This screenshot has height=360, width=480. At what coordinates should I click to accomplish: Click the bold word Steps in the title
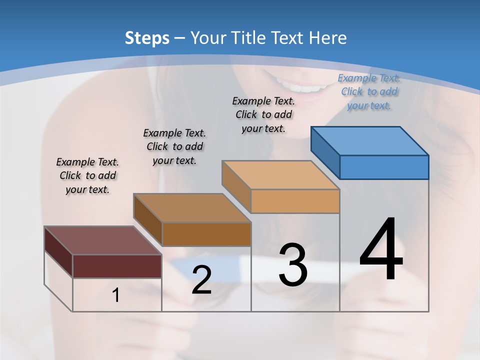click(147, 38)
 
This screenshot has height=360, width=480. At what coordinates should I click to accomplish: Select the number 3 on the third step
click(293, 265)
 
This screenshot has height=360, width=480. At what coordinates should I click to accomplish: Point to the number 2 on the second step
click(201, 280)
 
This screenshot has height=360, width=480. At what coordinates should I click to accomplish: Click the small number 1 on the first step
click(116, 295)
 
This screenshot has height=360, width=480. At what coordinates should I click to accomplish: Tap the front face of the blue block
click(384, 167)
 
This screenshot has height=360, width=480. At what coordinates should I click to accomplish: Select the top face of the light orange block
click(280, 175)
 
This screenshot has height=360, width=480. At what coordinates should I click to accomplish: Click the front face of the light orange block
click(295, 201)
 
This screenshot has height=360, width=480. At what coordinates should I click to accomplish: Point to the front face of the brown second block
click(206, 234)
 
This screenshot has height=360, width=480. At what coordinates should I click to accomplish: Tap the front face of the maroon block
click(117, 266)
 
